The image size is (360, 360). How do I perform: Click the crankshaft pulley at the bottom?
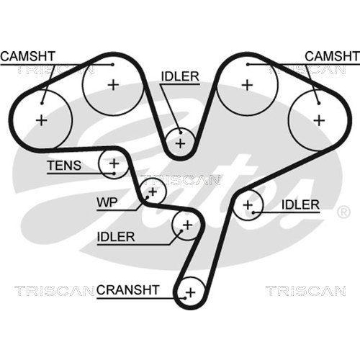pos(190,292)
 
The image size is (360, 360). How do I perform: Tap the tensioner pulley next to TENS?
pos(113,165)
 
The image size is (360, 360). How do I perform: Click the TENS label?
pos(64,166)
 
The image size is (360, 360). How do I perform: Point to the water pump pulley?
pos(151,192)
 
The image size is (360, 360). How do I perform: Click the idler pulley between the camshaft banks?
pos(180,142)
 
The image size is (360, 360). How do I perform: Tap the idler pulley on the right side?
pos(248,205)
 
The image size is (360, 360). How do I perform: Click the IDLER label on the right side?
pos(300,205)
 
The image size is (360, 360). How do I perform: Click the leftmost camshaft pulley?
pos(42,120)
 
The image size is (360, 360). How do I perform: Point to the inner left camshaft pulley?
pos(112,85)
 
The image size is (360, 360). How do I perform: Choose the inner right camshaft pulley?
pos(247,85)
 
